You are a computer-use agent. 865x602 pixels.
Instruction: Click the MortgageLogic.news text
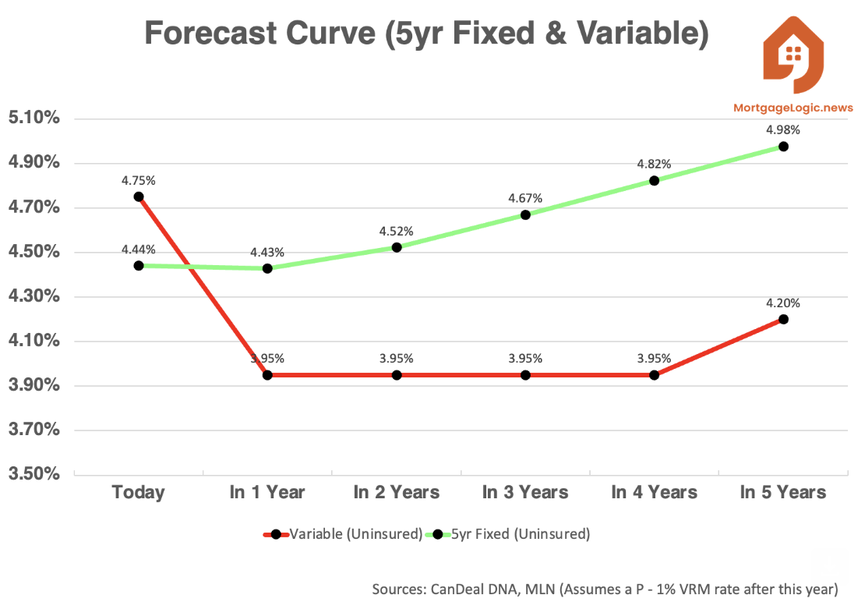pos(793,108)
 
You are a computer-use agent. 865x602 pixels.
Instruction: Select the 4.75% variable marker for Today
pos(139,197)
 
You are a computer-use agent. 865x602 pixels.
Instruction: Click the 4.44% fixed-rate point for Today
pos(139,265)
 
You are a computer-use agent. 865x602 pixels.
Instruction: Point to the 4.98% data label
pos(783,130)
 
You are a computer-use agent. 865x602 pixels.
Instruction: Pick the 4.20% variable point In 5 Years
pos(783,319)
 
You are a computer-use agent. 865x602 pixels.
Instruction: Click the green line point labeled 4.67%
pos(525,214)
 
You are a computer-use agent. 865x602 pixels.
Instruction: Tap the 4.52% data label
pos(396,232)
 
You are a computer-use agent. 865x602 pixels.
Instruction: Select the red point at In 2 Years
pos(397,375)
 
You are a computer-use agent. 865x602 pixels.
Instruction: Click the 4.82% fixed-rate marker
pos(654,180)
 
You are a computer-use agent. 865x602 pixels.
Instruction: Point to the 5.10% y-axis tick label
pos(33,119)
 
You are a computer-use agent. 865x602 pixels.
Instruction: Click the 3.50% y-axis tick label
pos(33,474)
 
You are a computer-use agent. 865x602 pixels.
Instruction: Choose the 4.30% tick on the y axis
pos(33,296)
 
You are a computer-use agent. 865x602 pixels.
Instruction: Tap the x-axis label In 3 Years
pos(525,492)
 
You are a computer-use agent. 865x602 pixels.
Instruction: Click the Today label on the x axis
pos(139,492)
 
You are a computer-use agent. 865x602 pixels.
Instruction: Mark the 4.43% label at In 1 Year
pos(267,253)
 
